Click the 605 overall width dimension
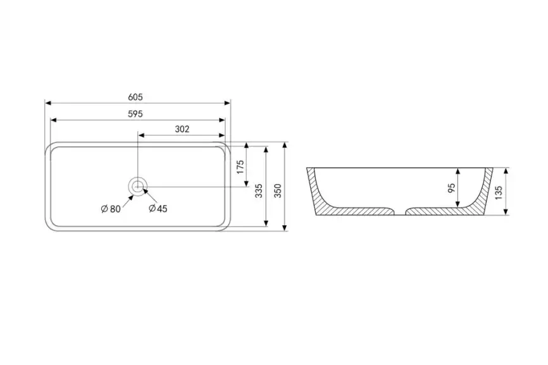coord(135,97)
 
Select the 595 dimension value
coord(135,114)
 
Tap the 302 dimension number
coord(182,129)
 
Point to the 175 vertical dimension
coord(240,167)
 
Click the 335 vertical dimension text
coord(259,191)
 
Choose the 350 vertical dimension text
coord(278,191)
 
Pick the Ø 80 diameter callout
coord(111,209)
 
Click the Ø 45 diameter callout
coord(158,209)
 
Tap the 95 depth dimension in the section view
coord(452,189)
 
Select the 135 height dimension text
coord(499,193)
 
